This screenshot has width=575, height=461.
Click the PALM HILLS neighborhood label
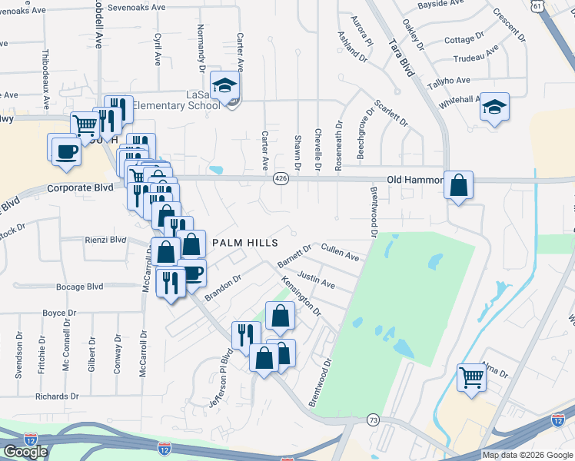[244, 243]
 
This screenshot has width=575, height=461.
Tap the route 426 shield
[280, 178]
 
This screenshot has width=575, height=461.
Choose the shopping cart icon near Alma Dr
[471, 376]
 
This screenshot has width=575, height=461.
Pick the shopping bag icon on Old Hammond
[458, 185]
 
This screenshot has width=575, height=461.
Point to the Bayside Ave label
[441, 4]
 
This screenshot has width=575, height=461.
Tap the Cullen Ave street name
[341, 251]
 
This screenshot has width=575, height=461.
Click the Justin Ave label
[316, 279]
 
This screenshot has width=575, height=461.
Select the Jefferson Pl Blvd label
[217, 380]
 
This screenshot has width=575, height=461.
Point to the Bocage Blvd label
[79, 287]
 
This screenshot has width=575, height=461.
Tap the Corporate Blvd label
[80, 187]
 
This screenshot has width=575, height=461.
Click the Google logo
[25, 452]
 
